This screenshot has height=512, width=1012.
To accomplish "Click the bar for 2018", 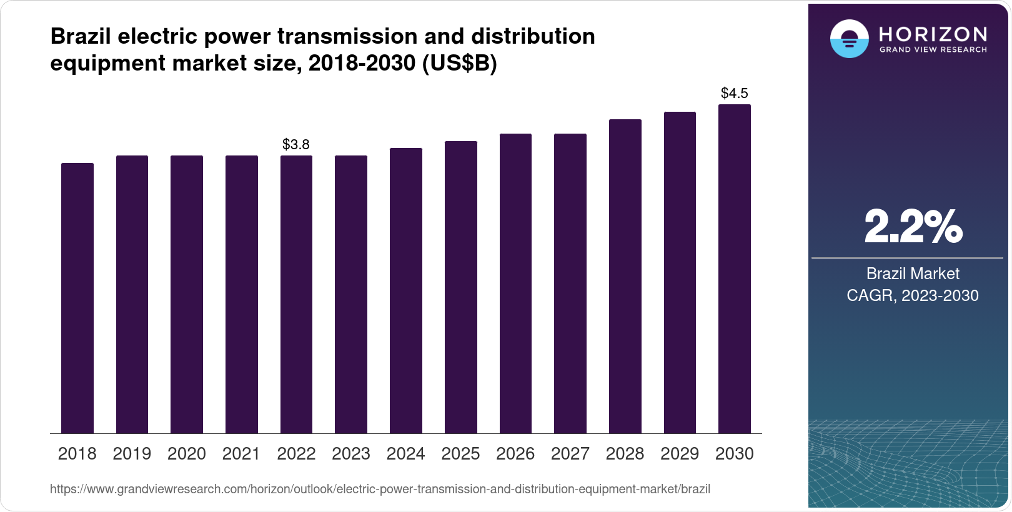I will (x=77, y=298).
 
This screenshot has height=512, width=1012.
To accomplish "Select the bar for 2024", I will (x=406, y=291).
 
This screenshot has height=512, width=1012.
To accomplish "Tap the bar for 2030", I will (x=735, y=269).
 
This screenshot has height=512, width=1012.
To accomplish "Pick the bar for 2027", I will (x=570, y=283).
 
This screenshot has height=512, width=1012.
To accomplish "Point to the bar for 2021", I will (x=242, y=295).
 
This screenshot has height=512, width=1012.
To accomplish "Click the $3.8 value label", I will (x=296, y=145).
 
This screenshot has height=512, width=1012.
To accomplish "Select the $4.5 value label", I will (x=735, y=94).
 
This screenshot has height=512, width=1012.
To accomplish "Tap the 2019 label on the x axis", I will (x=132, y=454).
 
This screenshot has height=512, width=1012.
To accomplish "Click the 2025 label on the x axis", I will (x=460, y=454).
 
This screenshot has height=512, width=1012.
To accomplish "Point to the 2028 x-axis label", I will (x=625, y=454).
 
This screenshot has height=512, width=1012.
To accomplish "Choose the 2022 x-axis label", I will (x=296, y=454).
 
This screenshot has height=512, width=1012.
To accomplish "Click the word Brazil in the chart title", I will (x=81, y=37).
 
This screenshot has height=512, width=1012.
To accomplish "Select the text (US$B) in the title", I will (x=459, y=63).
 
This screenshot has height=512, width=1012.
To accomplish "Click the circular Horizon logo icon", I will (x=849, y=39).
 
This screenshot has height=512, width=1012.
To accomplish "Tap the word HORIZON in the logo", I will (x=933, y=34).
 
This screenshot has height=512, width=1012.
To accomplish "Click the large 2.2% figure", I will (x=913, y=227).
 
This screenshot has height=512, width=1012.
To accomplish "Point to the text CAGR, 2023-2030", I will (x=913, y=295).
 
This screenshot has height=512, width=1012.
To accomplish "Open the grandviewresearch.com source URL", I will (x=380, y=490).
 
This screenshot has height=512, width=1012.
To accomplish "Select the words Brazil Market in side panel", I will (x=913, y=273).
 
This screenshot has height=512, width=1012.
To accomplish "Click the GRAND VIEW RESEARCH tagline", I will (x=933, y=50).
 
